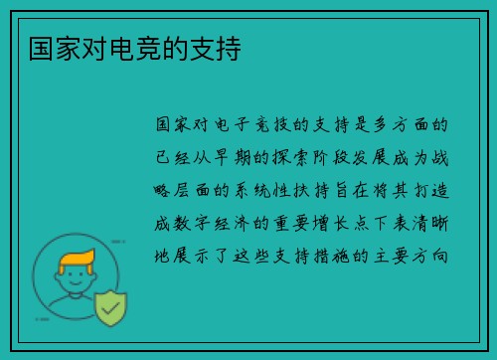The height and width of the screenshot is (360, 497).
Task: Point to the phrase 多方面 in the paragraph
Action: tap(414, 126)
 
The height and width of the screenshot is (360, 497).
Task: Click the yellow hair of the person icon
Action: tap(77, 262)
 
